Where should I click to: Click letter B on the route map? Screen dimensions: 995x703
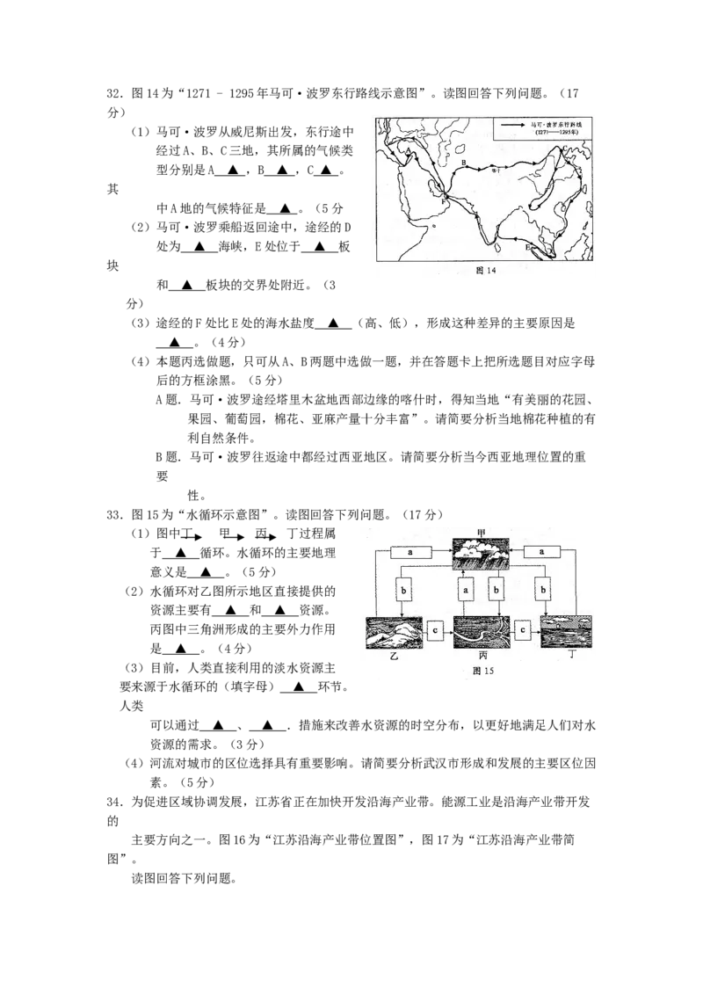[x=463, y=162]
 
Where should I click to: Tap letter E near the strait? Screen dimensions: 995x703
[x=527, y=249]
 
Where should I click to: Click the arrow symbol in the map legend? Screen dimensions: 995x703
[x=513, y=127]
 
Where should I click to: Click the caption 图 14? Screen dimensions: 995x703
[x=486, y=271]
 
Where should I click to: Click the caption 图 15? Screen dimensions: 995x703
[x=484, y=670]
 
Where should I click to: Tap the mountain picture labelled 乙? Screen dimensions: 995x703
[x=393, y=633]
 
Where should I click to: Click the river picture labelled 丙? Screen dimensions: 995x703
[x=482, y=633]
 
